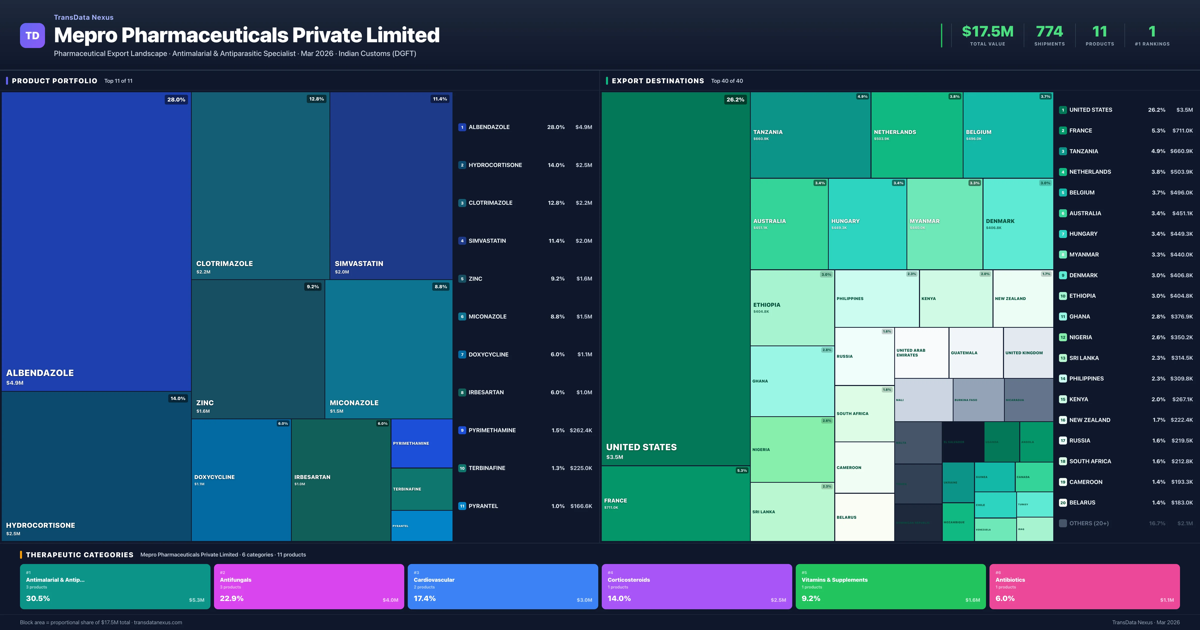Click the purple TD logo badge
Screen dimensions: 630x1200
[32, 35]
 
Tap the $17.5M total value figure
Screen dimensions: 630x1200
[987, 32]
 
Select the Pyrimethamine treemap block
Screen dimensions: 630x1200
[421, 443]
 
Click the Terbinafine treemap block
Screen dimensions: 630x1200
[421, 489]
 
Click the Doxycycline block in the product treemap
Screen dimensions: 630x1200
[241, 480]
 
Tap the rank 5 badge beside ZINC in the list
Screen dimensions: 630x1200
[462, 279]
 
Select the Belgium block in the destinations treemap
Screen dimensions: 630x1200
[1007, 135]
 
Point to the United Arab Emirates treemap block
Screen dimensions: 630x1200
[921, 353]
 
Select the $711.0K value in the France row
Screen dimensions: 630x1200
[1182, 130]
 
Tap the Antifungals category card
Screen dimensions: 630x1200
[309, 586]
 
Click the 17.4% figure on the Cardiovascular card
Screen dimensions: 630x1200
[425, 598]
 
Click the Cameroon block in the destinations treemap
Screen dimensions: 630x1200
[864, 467]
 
